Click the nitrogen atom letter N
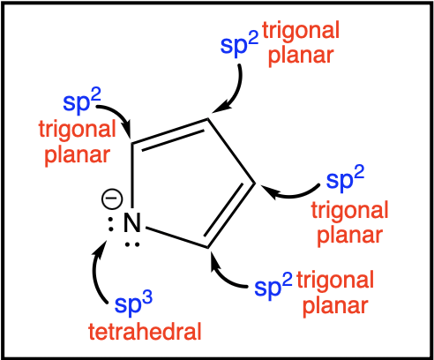pos(132,222)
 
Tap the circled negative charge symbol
pos(112,199)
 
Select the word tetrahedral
pos(145,332)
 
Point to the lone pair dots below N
pos(132,244)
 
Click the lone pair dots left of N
pos(110,224)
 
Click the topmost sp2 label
pos(239,43)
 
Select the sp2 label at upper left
pos(82,101)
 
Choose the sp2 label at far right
pos(345,178)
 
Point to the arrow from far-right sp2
pos(289,194)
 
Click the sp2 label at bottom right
pos(273,286)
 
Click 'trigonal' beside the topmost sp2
pos(301,31)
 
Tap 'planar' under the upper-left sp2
pos(78,155)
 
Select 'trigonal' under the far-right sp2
pos(349,211)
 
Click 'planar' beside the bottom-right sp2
pos(335,306)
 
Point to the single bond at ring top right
pos(231,151)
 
